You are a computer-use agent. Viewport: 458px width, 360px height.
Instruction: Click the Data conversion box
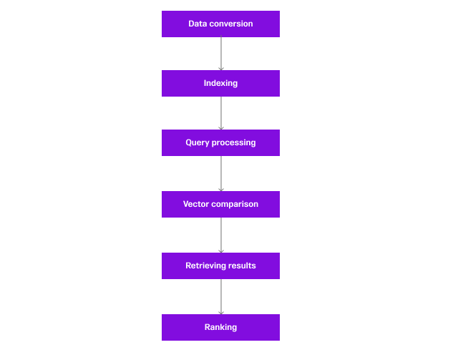tap(220, 24)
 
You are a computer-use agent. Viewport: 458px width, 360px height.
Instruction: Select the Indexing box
tap(220, 83)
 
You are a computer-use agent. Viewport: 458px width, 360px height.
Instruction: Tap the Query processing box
tap(220, 142)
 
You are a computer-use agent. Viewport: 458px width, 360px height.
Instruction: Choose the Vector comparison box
tap(220, 204)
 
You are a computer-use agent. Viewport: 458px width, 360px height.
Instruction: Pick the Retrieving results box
tap(220, 266)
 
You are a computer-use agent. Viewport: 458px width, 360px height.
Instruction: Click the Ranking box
tap(220, 327)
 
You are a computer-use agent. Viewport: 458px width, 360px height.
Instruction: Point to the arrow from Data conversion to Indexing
tap(220, 54)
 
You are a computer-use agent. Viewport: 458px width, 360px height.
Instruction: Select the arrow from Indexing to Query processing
tap(220, 113)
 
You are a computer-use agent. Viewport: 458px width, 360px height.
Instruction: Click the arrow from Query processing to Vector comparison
tap(220, 173)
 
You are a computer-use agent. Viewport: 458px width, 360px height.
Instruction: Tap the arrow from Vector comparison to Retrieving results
tap(220, 235)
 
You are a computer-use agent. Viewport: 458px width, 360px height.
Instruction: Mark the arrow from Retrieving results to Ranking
tap(220, 296)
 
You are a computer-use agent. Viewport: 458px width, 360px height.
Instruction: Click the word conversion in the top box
tap(230, 24)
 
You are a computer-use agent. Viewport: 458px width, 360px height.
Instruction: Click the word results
tap(242, 266)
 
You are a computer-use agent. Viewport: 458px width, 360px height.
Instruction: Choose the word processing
tap(233, 142)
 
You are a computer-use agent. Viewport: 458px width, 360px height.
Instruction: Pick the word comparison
tap(235, 204)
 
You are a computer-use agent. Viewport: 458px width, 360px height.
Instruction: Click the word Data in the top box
tap(197, 24)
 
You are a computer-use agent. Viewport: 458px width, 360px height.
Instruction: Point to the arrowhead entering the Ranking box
tap(220, 312)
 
